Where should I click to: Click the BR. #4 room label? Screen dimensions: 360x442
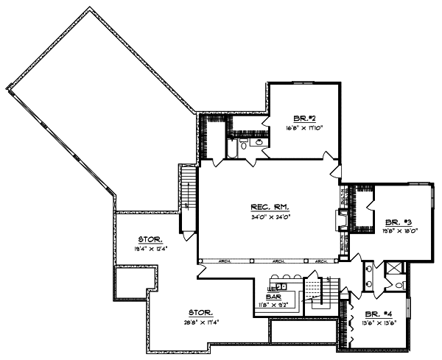[382, 313]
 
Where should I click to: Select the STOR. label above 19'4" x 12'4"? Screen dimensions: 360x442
[150, 239]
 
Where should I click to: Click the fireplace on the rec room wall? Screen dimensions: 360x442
[341, 221]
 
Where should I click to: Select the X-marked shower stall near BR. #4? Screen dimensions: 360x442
[395, 268]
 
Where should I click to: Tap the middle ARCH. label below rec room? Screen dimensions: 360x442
[280, 261]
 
